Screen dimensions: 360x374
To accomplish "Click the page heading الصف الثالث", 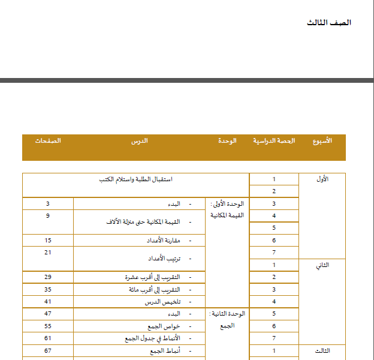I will [329, 23].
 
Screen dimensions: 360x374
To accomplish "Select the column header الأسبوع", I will [322, 140].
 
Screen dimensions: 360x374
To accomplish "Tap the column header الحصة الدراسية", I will [274, 140].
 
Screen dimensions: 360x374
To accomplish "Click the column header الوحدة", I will [227, 140].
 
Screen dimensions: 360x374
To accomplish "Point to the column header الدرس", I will [140, 140].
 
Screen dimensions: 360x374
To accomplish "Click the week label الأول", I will [322, 179].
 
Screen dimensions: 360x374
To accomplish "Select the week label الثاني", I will [322, 265].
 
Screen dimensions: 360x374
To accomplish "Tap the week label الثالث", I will [322, 350].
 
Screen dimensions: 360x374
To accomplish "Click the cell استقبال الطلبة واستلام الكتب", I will [135, 179].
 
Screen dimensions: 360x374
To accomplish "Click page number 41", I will [47, 302].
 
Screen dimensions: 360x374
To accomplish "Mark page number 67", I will [47, 350].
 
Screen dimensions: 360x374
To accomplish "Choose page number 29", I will [47, 277].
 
